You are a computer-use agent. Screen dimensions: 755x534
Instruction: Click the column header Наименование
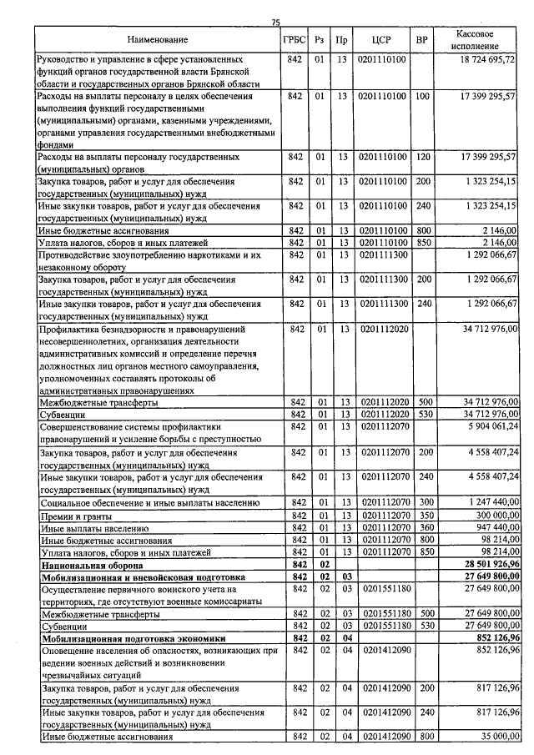(158, 39)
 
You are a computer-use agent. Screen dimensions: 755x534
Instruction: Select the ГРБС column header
(295, 39)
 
